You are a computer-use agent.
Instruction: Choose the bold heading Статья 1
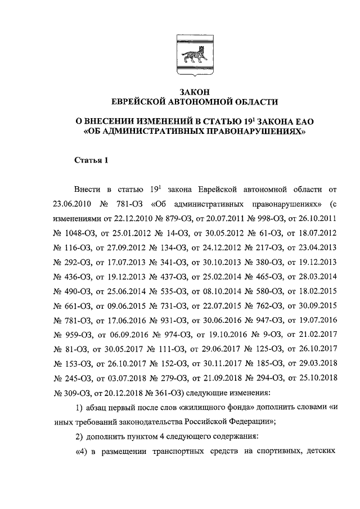click(91, 160)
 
